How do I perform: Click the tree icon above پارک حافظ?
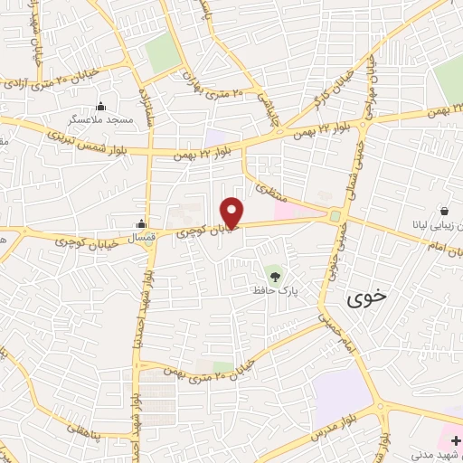274,271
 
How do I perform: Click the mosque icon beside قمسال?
141,224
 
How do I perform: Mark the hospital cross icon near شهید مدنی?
454,440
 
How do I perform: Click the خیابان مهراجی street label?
368,90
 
